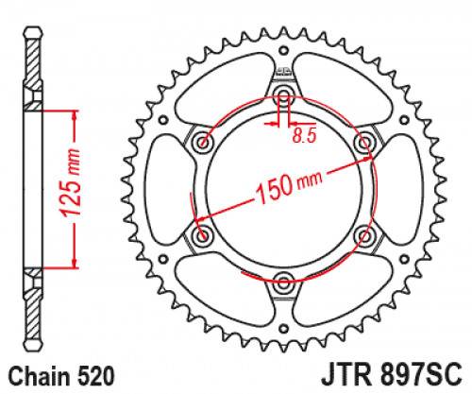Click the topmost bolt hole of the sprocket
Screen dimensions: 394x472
click(x=283, y=97)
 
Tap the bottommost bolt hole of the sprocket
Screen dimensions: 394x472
click(x=283, y=280)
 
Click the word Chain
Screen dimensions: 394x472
click(x=34, y=375)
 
